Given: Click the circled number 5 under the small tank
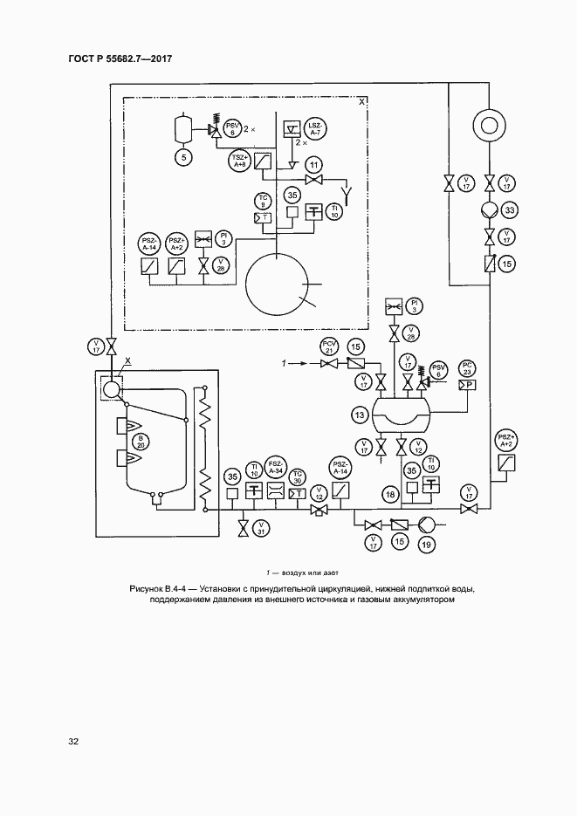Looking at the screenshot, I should pyautogui.click(x=183, y=157).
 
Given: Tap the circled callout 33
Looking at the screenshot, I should pyautogui.click(x=511, y=209).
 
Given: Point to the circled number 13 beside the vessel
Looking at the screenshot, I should pyautogui.click(x=358, y=415).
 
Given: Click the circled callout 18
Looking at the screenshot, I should pyautogui.click(x=391, y=496).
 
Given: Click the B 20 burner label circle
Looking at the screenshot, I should pyautogui.click(x=140, y=441).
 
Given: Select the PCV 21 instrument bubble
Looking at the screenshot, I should pyautogui.click(x=330, y=346).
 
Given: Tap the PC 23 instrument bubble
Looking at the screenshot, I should pyautogui.click(x=467, y=367).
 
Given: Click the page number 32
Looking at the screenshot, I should pyautogui.click(x=74, y=741).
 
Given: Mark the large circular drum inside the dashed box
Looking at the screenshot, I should pyautogui.click(x=277, y=285).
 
